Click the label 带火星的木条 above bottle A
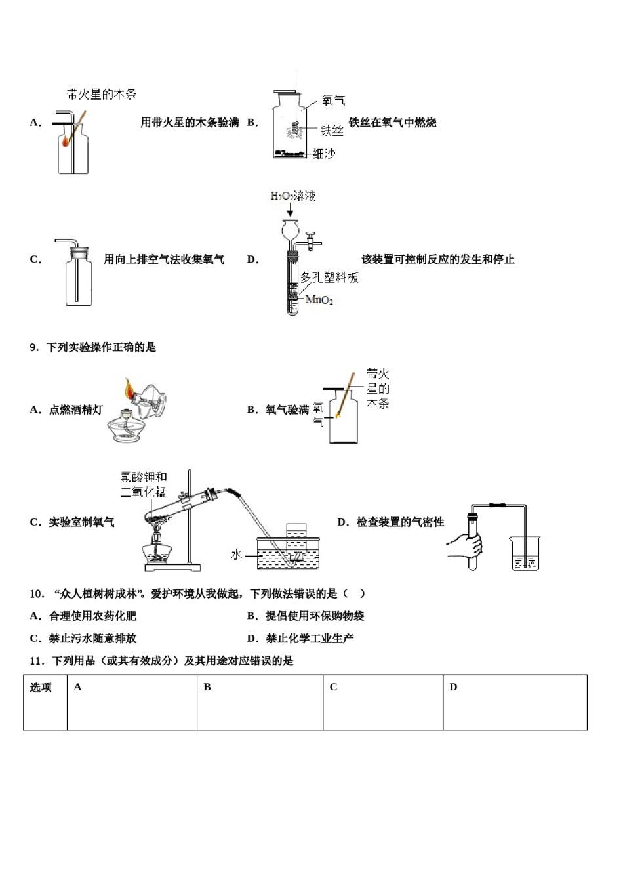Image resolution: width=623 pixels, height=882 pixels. pos(102,94)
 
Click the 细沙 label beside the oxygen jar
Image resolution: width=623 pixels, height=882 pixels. pos(324,154)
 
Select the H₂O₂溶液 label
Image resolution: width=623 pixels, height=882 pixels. pos(293,196)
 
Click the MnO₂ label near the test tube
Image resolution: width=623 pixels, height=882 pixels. pos(319,301)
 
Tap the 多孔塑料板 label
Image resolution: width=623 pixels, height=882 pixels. pos(330,278)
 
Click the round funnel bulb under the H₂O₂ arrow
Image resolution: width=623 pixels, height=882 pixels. pos(291,230)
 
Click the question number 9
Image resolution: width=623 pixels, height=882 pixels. pos(35,347)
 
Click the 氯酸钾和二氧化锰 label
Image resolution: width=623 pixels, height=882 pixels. pos(144,485)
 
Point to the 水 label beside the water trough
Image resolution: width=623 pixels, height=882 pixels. pos(237,555)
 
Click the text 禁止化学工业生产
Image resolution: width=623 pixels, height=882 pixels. pos(310,639)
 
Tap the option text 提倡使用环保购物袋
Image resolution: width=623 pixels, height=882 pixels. pos(315,616)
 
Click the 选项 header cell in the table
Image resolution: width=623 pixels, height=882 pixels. pos(41,687)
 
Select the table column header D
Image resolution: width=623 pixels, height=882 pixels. pos(453,687)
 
